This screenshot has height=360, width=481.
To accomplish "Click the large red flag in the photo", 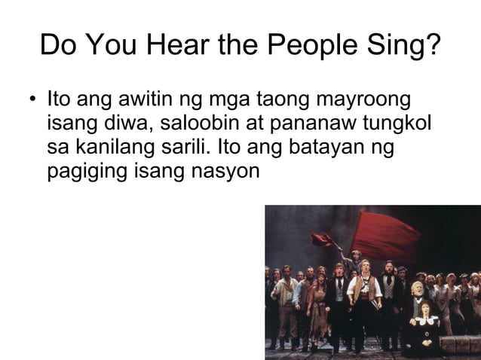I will click(x=385, y=233).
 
